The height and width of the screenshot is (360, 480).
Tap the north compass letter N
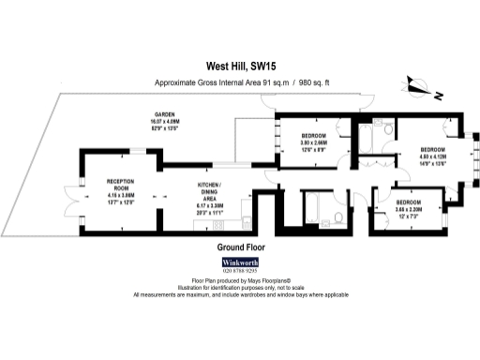tap(438, 95)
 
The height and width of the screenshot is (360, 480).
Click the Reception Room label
tap(117, 187)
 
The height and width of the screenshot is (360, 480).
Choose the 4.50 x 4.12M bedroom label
tap(432, 156)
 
